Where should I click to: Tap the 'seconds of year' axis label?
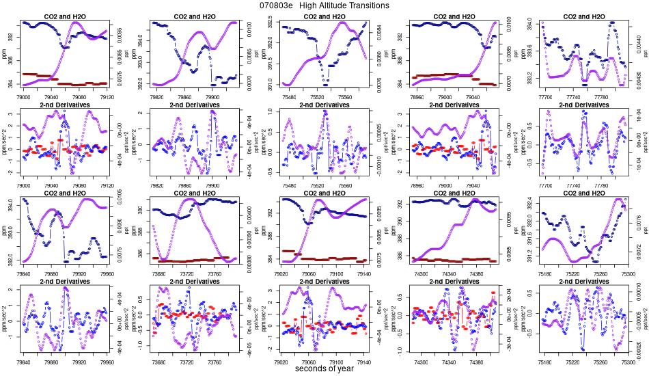pyautogui.click(x=324, y=369)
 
